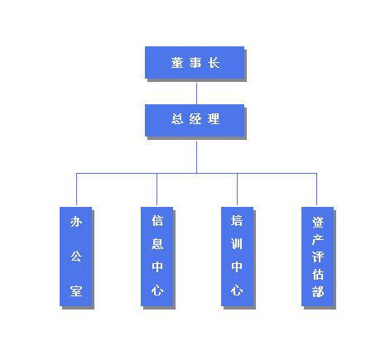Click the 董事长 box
point(195,63)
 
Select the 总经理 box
point(195,120)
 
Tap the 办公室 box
point(76,257)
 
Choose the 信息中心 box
point(157,257)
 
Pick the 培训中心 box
point(238,257)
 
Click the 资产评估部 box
point(318,257)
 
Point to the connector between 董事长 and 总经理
point(196,94)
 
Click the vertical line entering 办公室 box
point(76,190)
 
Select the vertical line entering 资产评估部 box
point(316,190)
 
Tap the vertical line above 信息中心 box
point(156,190)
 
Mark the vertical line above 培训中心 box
point(237,190)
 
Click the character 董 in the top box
point(177,63)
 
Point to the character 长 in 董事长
point(214,63)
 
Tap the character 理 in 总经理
point(214,119)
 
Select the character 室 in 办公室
point(76,291)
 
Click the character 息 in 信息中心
point(157,244)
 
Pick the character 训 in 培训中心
point(237,244)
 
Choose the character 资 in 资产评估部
point(318,222)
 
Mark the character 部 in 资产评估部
point(318,291)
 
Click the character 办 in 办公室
point(76,222)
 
